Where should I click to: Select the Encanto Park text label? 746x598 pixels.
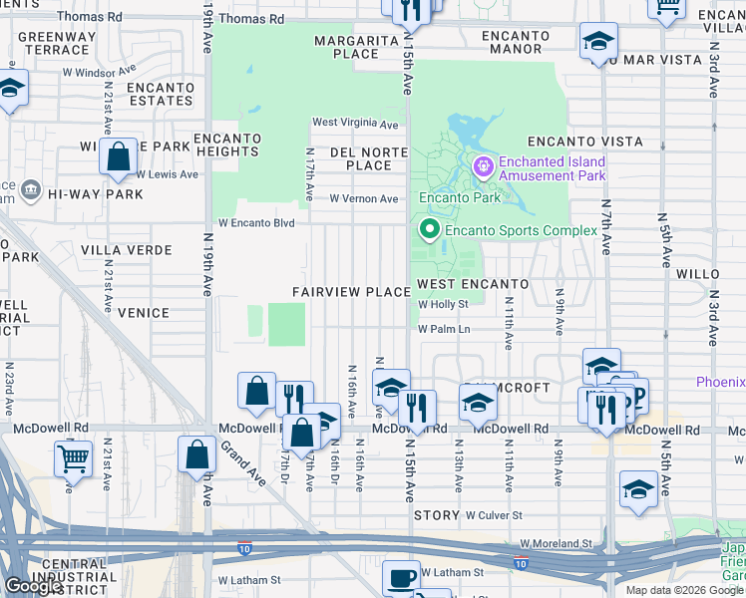point(459,197)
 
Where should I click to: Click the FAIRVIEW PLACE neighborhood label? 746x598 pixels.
point(351,292)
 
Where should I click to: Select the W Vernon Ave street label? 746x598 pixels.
point(363,198)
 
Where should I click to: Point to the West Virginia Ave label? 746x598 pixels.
point(355,124)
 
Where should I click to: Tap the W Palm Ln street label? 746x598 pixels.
point(443,328)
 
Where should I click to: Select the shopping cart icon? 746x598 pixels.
point(73,458)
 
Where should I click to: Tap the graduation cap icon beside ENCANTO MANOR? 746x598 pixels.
point(598,41)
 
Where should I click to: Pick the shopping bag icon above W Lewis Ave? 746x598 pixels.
point(118,156)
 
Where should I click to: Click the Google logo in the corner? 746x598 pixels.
point(33,585)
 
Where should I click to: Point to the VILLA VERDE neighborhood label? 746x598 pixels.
point(127,250)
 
